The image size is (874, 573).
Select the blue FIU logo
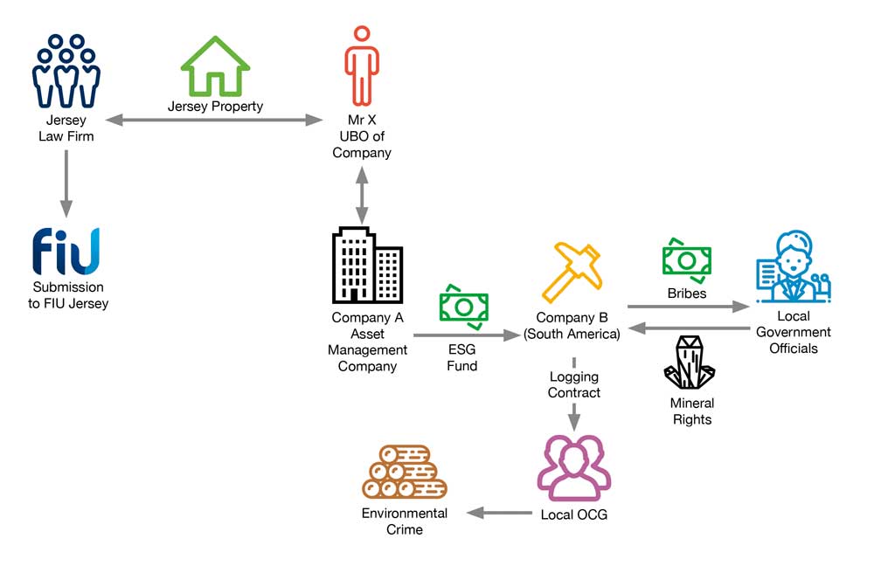tap(66, 252)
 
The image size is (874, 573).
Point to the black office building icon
tap(367, 266)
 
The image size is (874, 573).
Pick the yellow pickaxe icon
tap(571, 272)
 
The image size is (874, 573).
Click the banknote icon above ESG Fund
tap(463, 303)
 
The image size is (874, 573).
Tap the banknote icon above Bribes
tap(687, 258)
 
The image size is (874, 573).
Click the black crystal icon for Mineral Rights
tap(690, 362)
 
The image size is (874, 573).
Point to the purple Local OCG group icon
tap(573, 468)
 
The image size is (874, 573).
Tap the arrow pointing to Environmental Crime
tap(498, 513)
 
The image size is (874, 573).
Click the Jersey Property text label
tap(215, 107)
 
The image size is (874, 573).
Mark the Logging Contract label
tap(574, 384)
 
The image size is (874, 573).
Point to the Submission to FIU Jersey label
tap(68, 295)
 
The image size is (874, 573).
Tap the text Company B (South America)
tap(572, 326)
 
